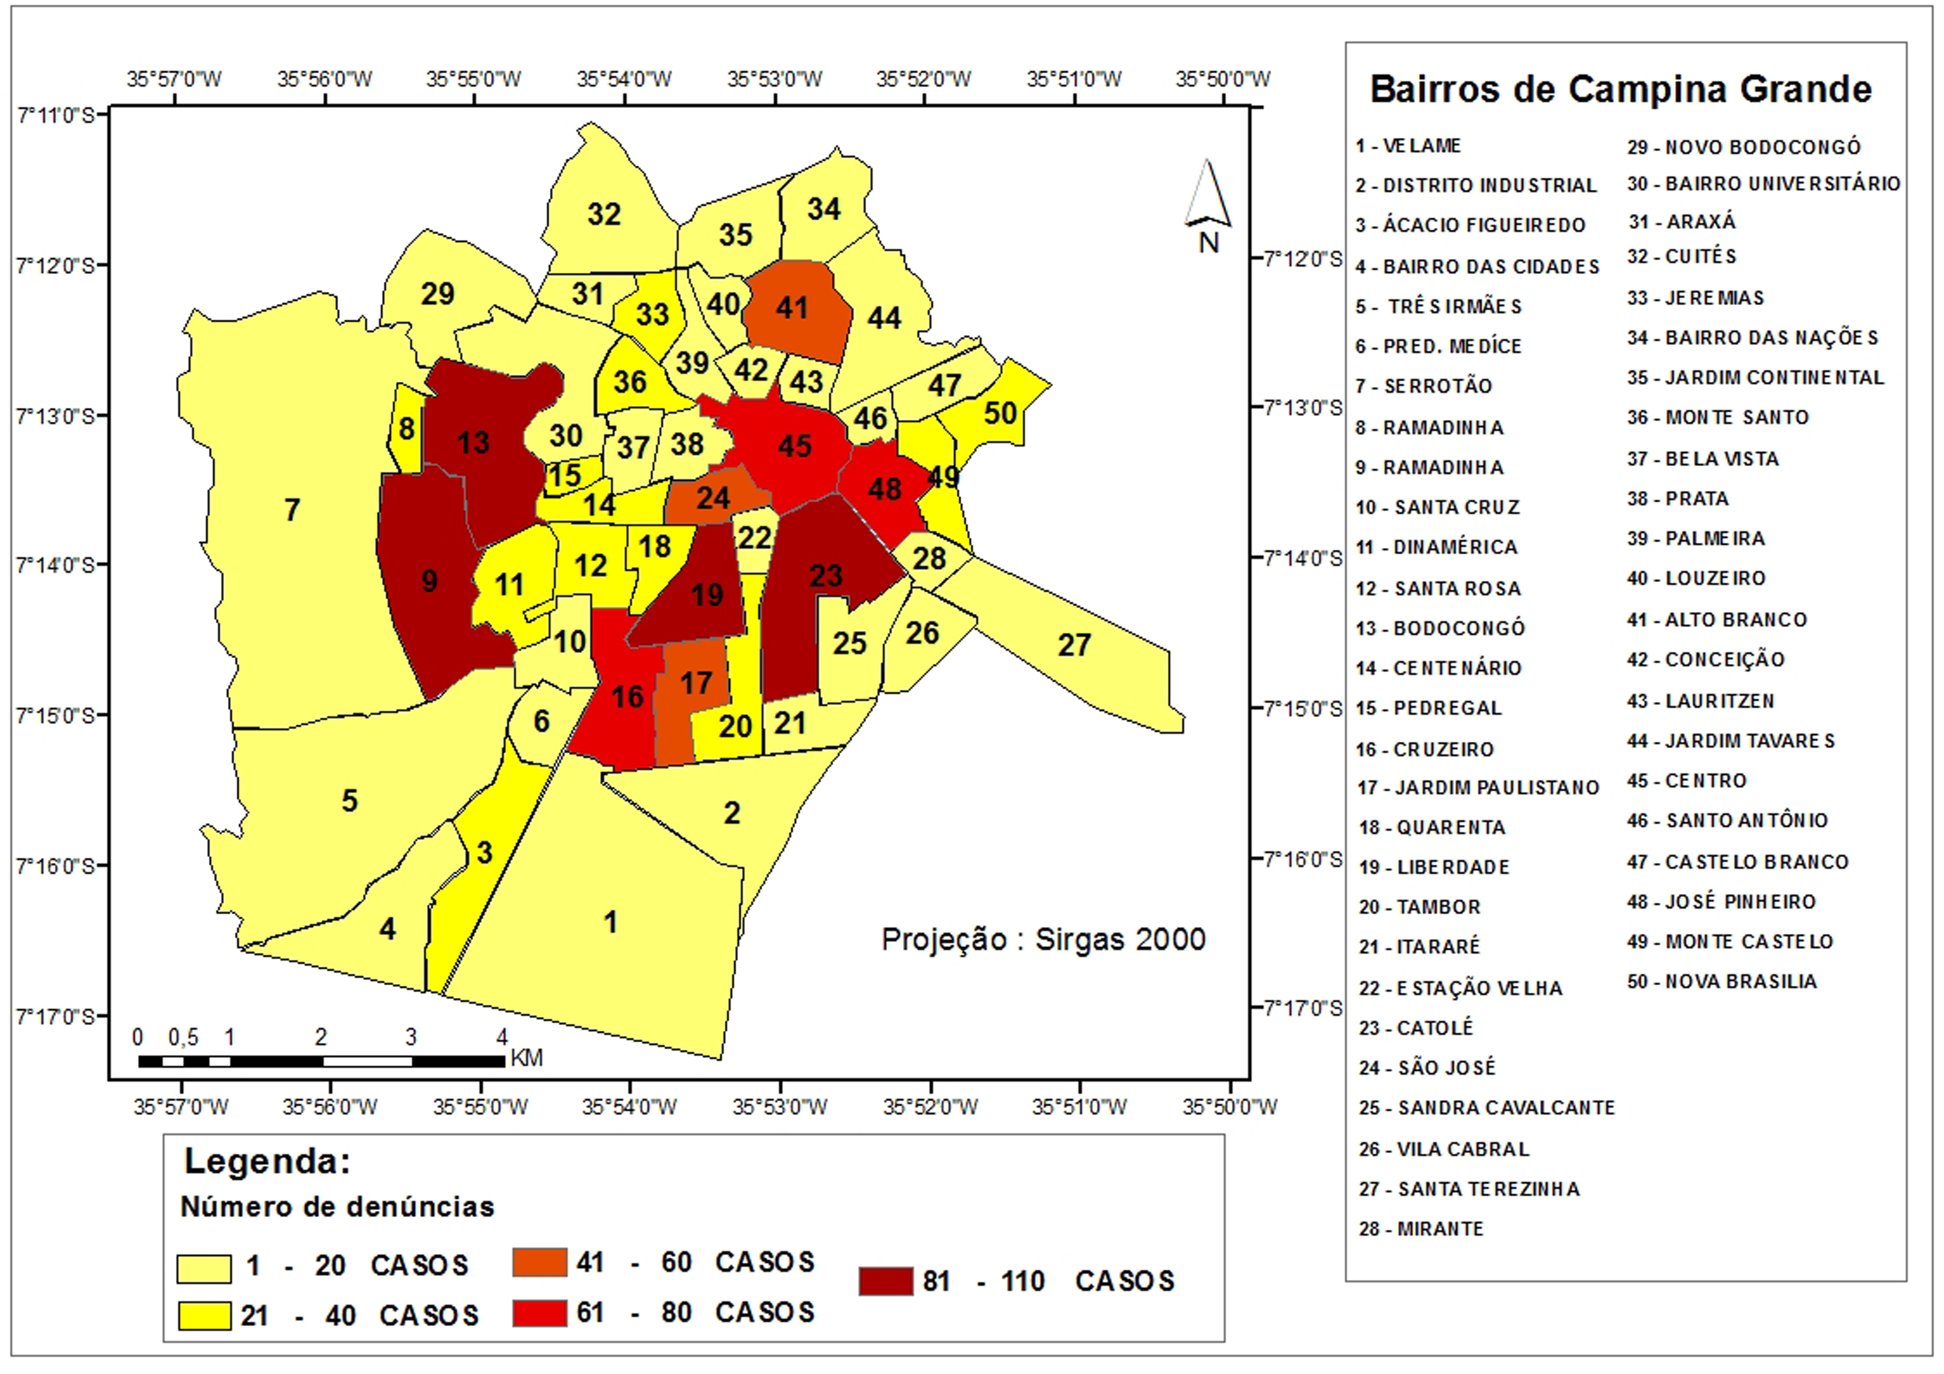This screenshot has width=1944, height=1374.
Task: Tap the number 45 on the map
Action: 794,446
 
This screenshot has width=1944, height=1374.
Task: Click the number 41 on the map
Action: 792,308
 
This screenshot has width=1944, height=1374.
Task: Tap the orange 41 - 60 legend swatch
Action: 539,1262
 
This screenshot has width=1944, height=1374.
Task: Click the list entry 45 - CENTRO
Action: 1687,780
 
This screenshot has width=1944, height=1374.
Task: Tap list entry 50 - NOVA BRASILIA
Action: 1722,982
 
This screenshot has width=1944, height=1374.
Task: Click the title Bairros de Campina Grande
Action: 1621,90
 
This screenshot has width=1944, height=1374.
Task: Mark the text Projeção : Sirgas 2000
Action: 1043,940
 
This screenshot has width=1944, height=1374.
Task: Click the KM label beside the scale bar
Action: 526,1058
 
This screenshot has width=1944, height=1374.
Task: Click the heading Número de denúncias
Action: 337,1207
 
